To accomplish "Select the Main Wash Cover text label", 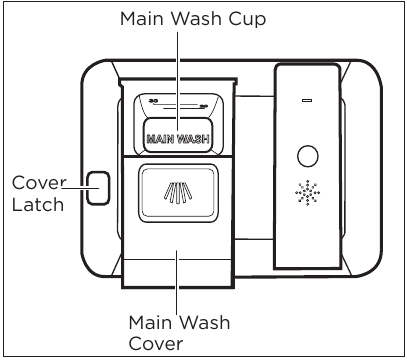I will coord(179,332).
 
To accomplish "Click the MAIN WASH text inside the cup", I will coord(177,139).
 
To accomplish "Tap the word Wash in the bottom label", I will coord(206,322).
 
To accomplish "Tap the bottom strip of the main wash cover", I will coord(177,270).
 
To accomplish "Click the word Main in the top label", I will coord(140,20).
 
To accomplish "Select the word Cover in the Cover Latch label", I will coord(37,183).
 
